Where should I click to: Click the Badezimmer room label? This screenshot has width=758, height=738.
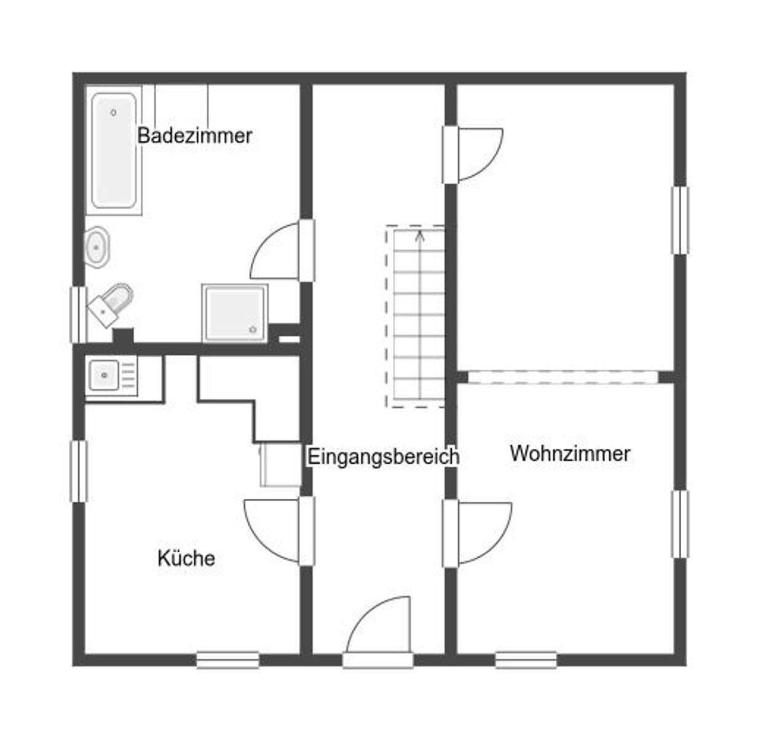[x=194, y=136]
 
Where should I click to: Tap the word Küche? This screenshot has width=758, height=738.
[x=186, y=558]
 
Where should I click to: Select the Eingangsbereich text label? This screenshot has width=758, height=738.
[x=383, y=457]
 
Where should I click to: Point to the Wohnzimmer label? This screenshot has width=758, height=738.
[x=570, y=454]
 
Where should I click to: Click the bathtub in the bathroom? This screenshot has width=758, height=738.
[x=114, y=151]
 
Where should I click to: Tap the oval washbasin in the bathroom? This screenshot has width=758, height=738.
[x=97, y=247]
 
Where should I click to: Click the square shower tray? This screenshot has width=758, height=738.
[x=234, y=313]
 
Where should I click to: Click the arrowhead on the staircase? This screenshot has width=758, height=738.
[x=420, y=234]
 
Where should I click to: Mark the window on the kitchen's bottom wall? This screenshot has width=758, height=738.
[x=227, y=660]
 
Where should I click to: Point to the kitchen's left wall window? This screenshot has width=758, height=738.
[x=78, y=471]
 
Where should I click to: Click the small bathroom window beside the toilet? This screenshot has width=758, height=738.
[x=78, y=315]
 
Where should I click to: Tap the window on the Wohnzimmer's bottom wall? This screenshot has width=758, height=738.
[x=526, y=660]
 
